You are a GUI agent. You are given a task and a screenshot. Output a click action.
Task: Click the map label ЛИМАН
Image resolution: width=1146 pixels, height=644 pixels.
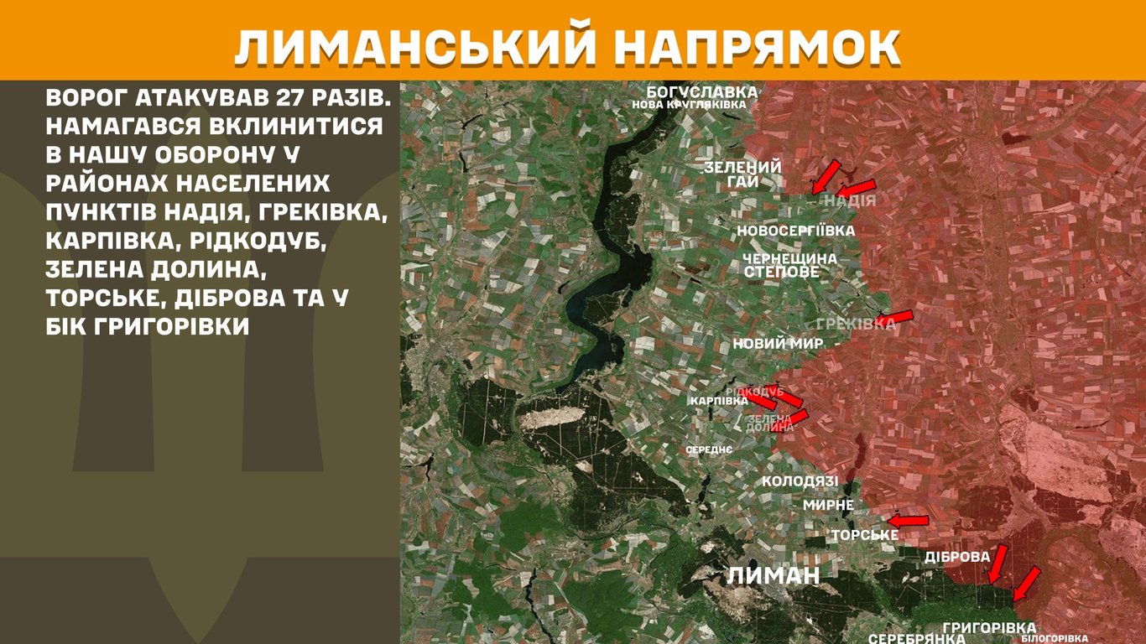pyautogui.click(x=772, y=575)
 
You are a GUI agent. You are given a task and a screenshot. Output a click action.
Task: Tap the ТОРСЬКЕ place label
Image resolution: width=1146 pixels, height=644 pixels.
pyautogui.click(x=864, y=535)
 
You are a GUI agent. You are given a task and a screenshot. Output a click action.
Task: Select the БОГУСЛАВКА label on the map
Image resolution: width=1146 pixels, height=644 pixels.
pyautogui.click(x=701, y=91)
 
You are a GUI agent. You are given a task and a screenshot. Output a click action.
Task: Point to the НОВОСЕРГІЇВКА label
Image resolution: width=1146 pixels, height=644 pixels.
pyautogui.click(x=796, y=231)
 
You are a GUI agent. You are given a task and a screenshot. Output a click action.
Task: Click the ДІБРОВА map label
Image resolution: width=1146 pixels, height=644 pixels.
pyautogui.click(x=957, y=557)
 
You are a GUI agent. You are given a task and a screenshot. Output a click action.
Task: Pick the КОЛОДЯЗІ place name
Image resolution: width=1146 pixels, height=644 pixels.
pyautogui.click(x=800, y=481)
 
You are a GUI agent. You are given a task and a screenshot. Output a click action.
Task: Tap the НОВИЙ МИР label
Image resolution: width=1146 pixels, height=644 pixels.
pyautogui.click(x=778, y=344)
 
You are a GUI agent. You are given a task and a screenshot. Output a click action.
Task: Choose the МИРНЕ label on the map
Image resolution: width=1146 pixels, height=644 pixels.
pyautogui.click(x=828, y=505)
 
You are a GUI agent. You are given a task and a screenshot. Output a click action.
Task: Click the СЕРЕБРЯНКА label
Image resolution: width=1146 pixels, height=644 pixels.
pyautogui.click(x=916, y=638)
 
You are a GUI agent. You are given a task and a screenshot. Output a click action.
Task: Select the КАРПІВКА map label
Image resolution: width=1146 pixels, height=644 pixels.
pyautogui.click(x=719, y=401)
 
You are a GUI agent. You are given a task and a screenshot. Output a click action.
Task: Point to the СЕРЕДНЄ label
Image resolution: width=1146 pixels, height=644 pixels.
pyautogui.click(x=709, y=449)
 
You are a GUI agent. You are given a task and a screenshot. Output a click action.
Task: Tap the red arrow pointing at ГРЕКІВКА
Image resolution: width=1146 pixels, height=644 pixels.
pyautogui.click(x=896, y=317)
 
